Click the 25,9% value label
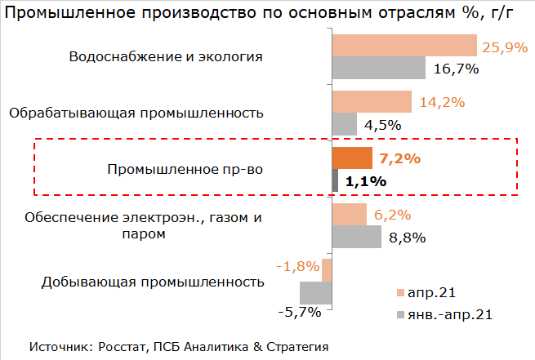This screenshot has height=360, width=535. (506, 47)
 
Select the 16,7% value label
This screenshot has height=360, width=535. (456, 69)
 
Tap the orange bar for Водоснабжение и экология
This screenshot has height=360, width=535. (404, 46)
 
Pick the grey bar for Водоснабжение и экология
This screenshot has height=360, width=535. (379, 68)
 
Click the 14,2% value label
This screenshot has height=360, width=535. (442, 103)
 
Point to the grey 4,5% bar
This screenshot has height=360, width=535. (345, 124)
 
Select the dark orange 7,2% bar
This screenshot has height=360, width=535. (352, 158)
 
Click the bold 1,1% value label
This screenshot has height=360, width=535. (365, 181)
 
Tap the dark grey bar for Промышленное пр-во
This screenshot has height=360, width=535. (335, 180)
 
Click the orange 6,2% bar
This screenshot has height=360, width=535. (350, 215)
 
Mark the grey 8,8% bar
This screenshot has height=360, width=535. (357, 237)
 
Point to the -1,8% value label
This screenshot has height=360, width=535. (297, 267)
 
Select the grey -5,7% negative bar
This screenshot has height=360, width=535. (315, 292)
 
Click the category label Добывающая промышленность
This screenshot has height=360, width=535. (152, 282)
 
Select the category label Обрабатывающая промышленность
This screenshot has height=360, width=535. (136, 113)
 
